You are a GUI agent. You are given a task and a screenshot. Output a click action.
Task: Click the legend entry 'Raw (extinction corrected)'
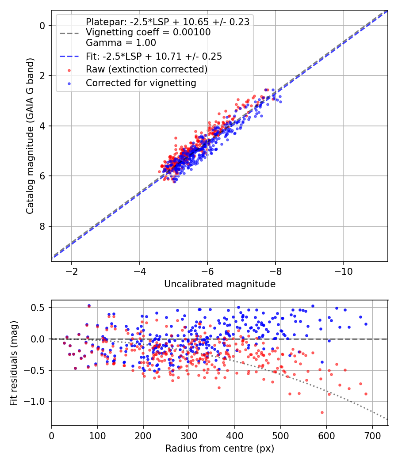146,69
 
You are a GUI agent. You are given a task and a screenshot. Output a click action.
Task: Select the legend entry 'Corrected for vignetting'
141,83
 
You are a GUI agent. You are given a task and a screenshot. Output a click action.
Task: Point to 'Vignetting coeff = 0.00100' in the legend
148,32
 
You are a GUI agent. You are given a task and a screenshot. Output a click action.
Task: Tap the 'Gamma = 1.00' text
121,43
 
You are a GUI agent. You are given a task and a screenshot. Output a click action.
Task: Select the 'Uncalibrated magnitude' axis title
220,284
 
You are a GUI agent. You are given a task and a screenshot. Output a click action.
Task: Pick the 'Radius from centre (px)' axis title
220,449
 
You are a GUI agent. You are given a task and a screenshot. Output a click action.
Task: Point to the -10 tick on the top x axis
343,270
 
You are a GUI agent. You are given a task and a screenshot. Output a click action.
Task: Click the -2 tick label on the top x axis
72,270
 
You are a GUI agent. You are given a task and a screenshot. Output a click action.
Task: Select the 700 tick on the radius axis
372,435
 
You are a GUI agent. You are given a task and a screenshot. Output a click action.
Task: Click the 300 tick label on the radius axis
189,435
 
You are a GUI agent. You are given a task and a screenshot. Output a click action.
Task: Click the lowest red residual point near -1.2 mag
322,412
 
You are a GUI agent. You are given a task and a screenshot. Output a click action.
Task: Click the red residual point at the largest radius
366,394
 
